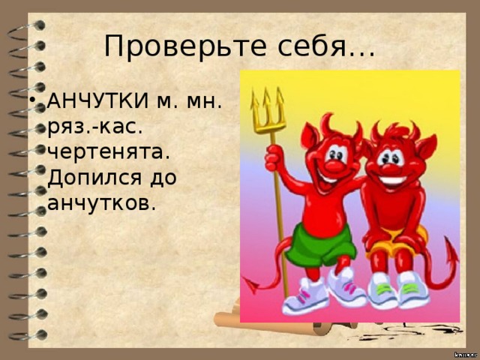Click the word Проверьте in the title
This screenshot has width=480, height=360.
185,46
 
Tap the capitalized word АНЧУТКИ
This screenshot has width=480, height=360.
98,100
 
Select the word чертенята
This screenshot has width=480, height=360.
109,151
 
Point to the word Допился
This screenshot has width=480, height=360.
95,178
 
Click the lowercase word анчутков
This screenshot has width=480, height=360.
102,202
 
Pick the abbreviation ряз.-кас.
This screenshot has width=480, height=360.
95,127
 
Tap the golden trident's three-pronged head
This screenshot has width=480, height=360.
267,110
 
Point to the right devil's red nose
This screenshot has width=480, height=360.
388,169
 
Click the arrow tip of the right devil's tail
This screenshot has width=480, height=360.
451,253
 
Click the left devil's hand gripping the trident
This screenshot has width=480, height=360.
274,158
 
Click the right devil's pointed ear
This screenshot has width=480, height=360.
427,148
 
